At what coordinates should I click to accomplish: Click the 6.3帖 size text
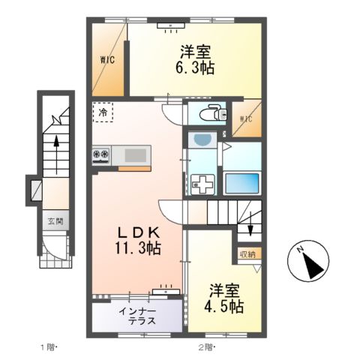tap(196, 68)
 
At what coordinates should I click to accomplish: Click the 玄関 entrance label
tap(56, 221)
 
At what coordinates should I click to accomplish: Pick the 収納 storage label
tap(247, 253)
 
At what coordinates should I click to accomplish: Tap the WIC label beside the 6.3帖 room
tap(107, 61)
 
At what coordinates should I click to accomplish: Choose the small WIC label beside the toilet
tap(245, 119)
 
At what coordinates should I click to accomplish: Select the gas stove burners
tap(100, 155)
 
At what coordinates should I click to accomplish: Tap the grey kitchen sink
tap(136, 154)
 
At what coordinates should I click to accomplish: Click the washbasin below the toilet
tap(202, 140)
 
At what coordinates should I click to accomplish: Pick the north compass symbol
tap(307, 263)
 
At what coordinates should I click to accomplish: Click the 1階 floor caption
tap(49, 346)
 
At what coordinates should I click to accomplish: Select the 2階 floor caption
tap(206, 346)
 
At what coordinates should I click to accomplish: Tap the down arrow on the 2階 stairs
tap(251, 228)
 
